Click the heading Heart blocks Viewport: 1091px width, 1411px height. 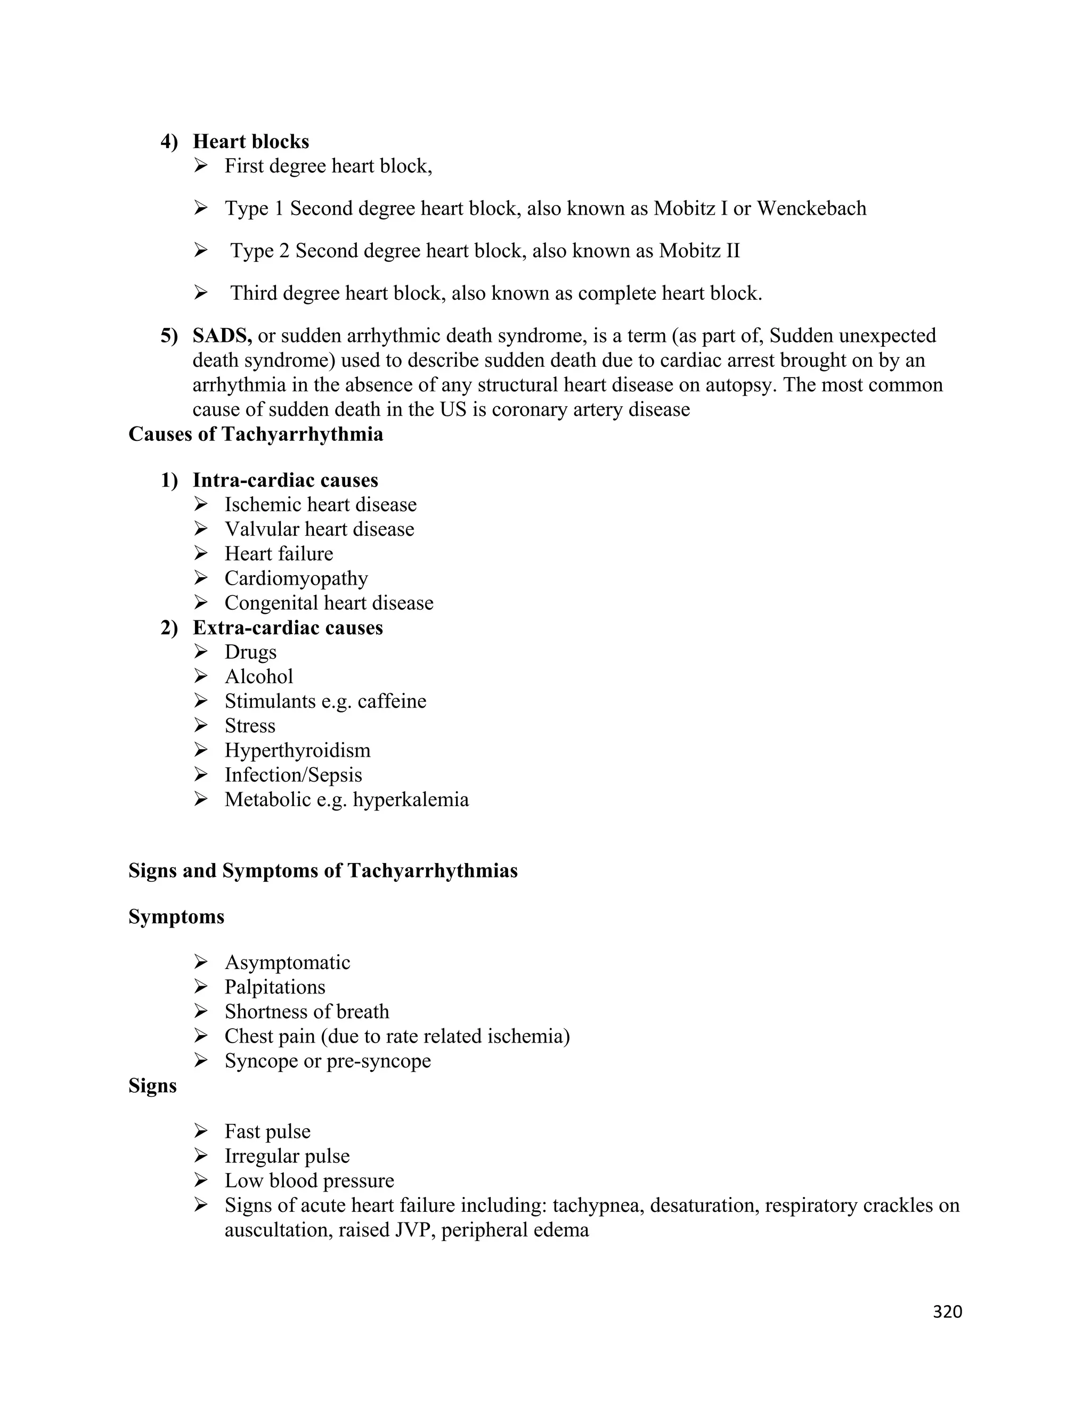pyautogui.click(x=251, y=142)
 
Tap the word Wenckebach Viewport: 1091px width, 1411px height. pyautogui.click(x=811, y=209)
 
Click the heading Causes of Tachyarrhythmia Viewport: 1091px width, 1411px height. pyautogui.click(x=255, y=434)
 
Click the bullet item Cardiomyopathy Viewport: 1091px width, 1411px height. pyautogui.click(x=296, y=578)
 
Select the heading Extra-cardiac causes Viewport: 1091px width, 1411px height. pyautogui.click(x=288, y=628)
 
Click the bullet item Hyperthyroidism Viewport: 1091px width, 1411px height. pyautogui.click(x=297, y=751)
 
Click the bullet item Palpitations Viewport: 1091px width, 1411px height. pyautogui.click(x=275, y=987)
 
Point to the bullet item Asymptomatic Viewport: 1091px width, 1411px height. pyautogui.click(x=287, y=963)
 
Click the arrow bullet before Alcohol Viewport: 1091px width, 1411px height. pyautogui.click(x=200, y=676)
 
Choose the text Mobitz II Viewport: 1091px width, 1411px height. pyautogui.click(x=699, y=251)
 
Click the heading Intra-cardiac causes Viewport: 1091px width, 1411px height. pyautogui.click(x=285, y=480)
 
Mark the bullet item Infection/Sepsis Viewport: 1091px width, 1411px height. pyautogui.click(x=293, y=775)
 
